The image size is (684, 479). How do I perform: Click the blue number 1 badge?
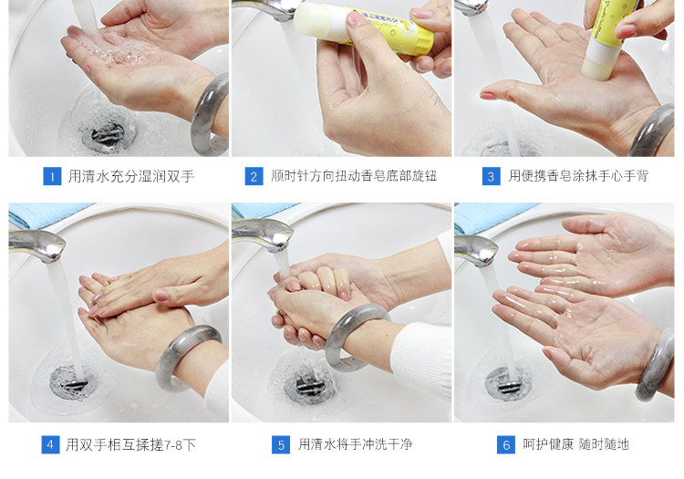(x=52, y=176)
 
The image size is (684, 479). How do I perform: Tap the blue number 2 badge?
(x=254, y=176)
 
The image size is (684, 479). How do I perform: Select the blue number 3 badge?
(x=492, y=176)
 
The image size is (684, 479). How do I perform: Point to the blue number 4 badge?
(x=50, y=444)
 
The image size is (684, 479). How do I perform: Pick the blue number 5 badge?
(x=281, y=444)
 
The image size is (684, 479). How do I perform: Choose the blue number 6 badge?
(x=506, y=444)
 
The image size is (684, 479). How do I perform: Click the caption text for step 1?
(x=130, y=176)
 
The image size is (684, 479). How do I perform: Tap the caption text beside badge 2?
(x=354, y=176)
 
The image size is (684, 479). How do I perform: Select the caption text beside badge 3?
(x=578, y=176)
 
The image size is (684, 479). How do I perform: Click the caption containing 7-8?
(x=130, y=444)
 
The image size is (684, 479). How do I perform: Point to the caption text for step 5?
(x=355, y=444)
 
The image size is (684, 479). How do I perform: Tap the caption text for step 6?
(x=575, y=444)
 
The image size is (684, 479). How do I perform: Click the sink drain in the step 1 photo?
(x=107, y=134)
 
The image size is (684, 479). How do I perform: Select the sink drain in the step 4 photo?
(x=70, y=382)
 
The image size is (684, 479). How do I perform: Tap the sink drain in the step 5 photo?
(x=309, y=385)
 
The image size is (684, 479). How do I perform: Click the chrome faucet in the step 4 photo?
(x=37, y=245)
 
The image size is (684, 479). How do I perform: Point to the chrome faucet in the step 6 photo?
(x=475, y=250)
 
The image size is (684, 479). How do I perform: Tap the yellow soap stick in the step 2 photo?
(x=363, y=27)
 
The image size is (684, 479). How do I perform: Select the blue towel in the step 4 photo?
(x=48, y=214)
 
